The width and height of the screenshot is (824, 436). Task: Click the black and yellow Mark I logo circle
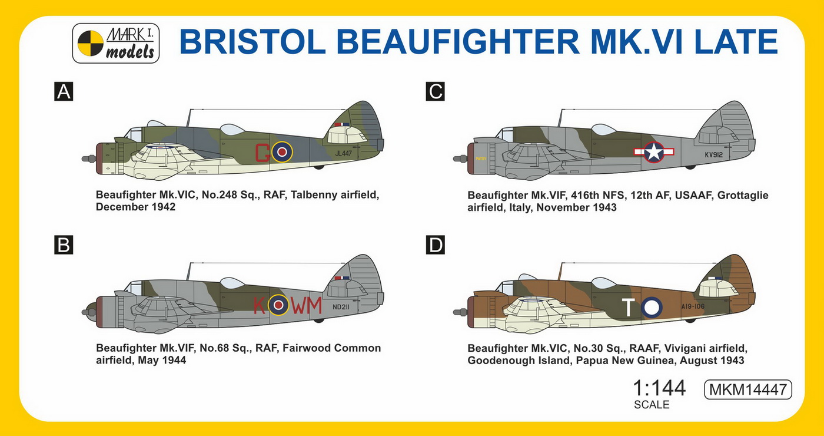[x=91, y=44]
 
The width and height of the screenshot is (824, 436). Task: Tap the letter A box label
[x=64, y=91]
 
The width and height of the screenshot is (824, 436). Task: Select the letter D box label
[x=435, y=245]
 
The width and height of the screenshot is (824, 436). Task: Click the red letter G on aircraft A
[x=263, y=153]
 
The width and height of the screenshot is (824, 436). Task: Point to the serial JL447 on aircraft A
[x=343, y=153]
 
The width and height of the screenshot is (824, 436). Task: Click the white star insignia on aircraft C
[x=654, y=152]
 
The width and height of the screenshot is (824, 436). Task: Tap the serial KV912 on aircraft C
[x=713, y=154]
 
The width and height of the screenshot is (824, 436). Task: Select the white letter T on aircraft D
[x=628, y=308]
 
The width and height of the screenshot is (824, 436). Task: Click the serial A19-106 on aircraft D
[x=693, y=306]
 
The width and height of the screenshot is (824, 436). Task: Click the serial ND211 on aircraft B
[x=341, y=307]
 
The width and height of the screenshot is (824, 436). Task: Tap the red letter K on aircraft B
[x=260, y=305]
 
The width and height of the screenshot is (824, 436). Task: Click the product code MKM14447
[x=748, y=389]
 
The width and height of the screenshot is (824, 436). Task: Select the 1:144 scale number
[x=659, y=388]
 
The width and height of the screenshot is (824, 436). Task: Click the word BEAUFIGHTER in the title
[x=458, y=41]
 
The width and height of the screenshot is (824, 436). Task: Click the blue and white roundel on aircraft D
[x=652, y=308]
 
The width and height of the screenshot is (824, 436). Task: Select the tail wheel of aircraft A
[x=318, y=167]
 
